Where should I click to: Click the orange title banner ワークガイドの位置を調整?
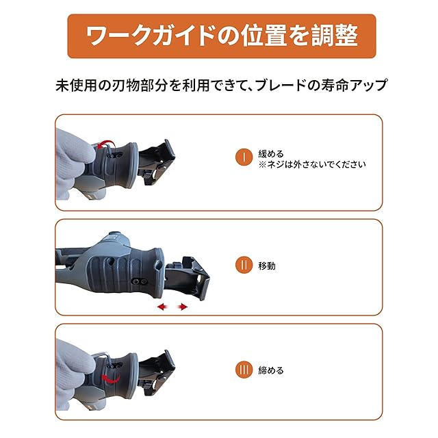point(222,36)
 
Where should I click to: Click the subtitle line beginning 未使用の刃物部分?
point(222,87)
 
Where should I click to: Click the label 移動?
point(266,266)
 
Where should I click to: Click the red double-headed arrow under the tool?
point(172,308)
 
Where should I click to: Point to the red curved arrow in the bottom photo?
point(109,378)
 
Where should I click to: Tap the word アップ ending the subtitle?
point(372,87)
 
